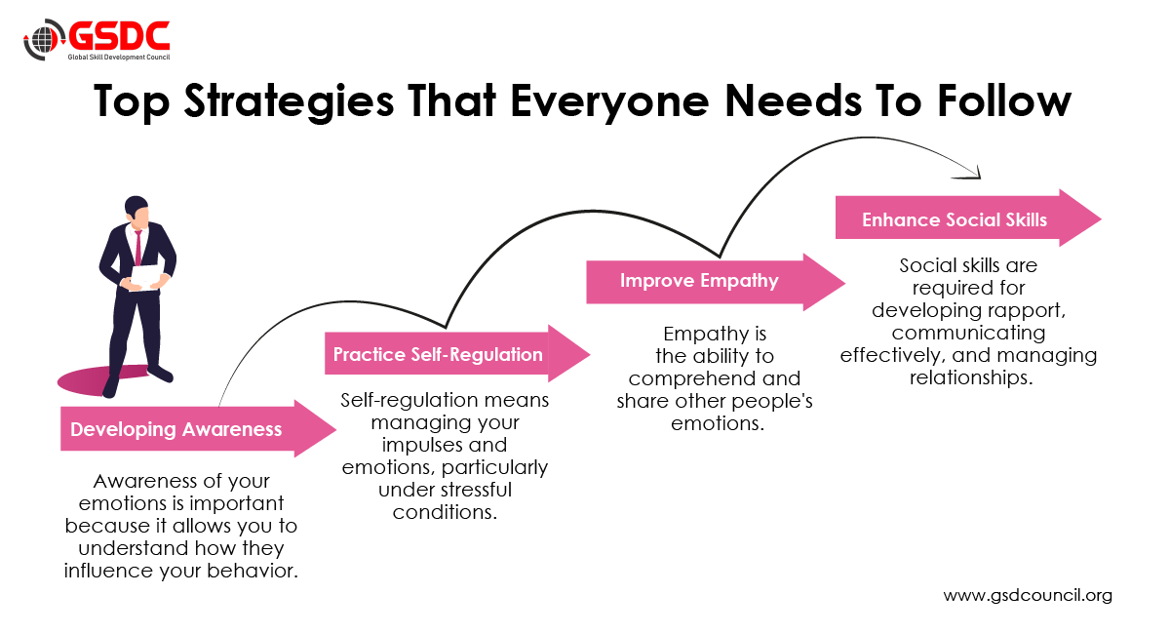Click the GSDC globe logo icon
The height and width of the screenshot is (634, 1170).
click(43, 42)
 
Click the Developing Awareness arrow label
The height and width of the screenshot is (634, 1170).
click(176, 429)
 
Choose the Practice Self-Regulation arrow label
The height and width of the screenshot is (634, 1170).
click(438, 354)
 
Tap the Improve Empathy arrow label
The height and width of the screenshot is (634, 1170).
click(699, 281)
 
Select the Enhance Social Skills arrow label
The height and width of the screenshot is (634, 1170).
click(955, 219)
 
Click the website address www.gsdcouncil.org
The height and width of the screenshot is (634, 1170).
click(1028, 595)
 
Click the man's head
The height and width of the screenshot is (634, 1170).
click(136, 211)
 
